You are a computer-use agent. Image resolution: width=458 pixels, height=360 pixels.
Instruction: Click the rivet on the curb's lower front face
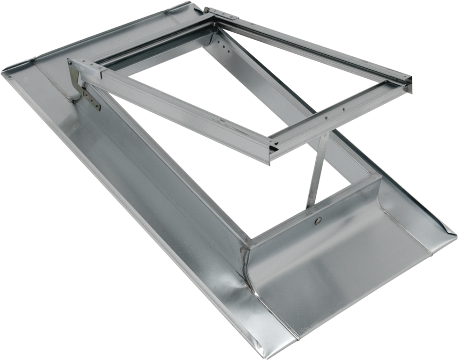pos(318,220)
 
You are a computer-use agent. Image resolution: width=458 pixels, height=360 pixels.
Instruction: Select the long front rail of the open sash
pos(177,113)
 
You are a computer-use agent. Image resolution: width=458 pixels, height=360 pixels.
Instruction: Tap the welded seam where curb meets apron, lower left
pos(248,258)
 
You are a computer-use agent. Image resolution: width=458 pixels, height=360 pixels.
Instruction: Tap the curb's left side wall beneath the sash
pos(172,177)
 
